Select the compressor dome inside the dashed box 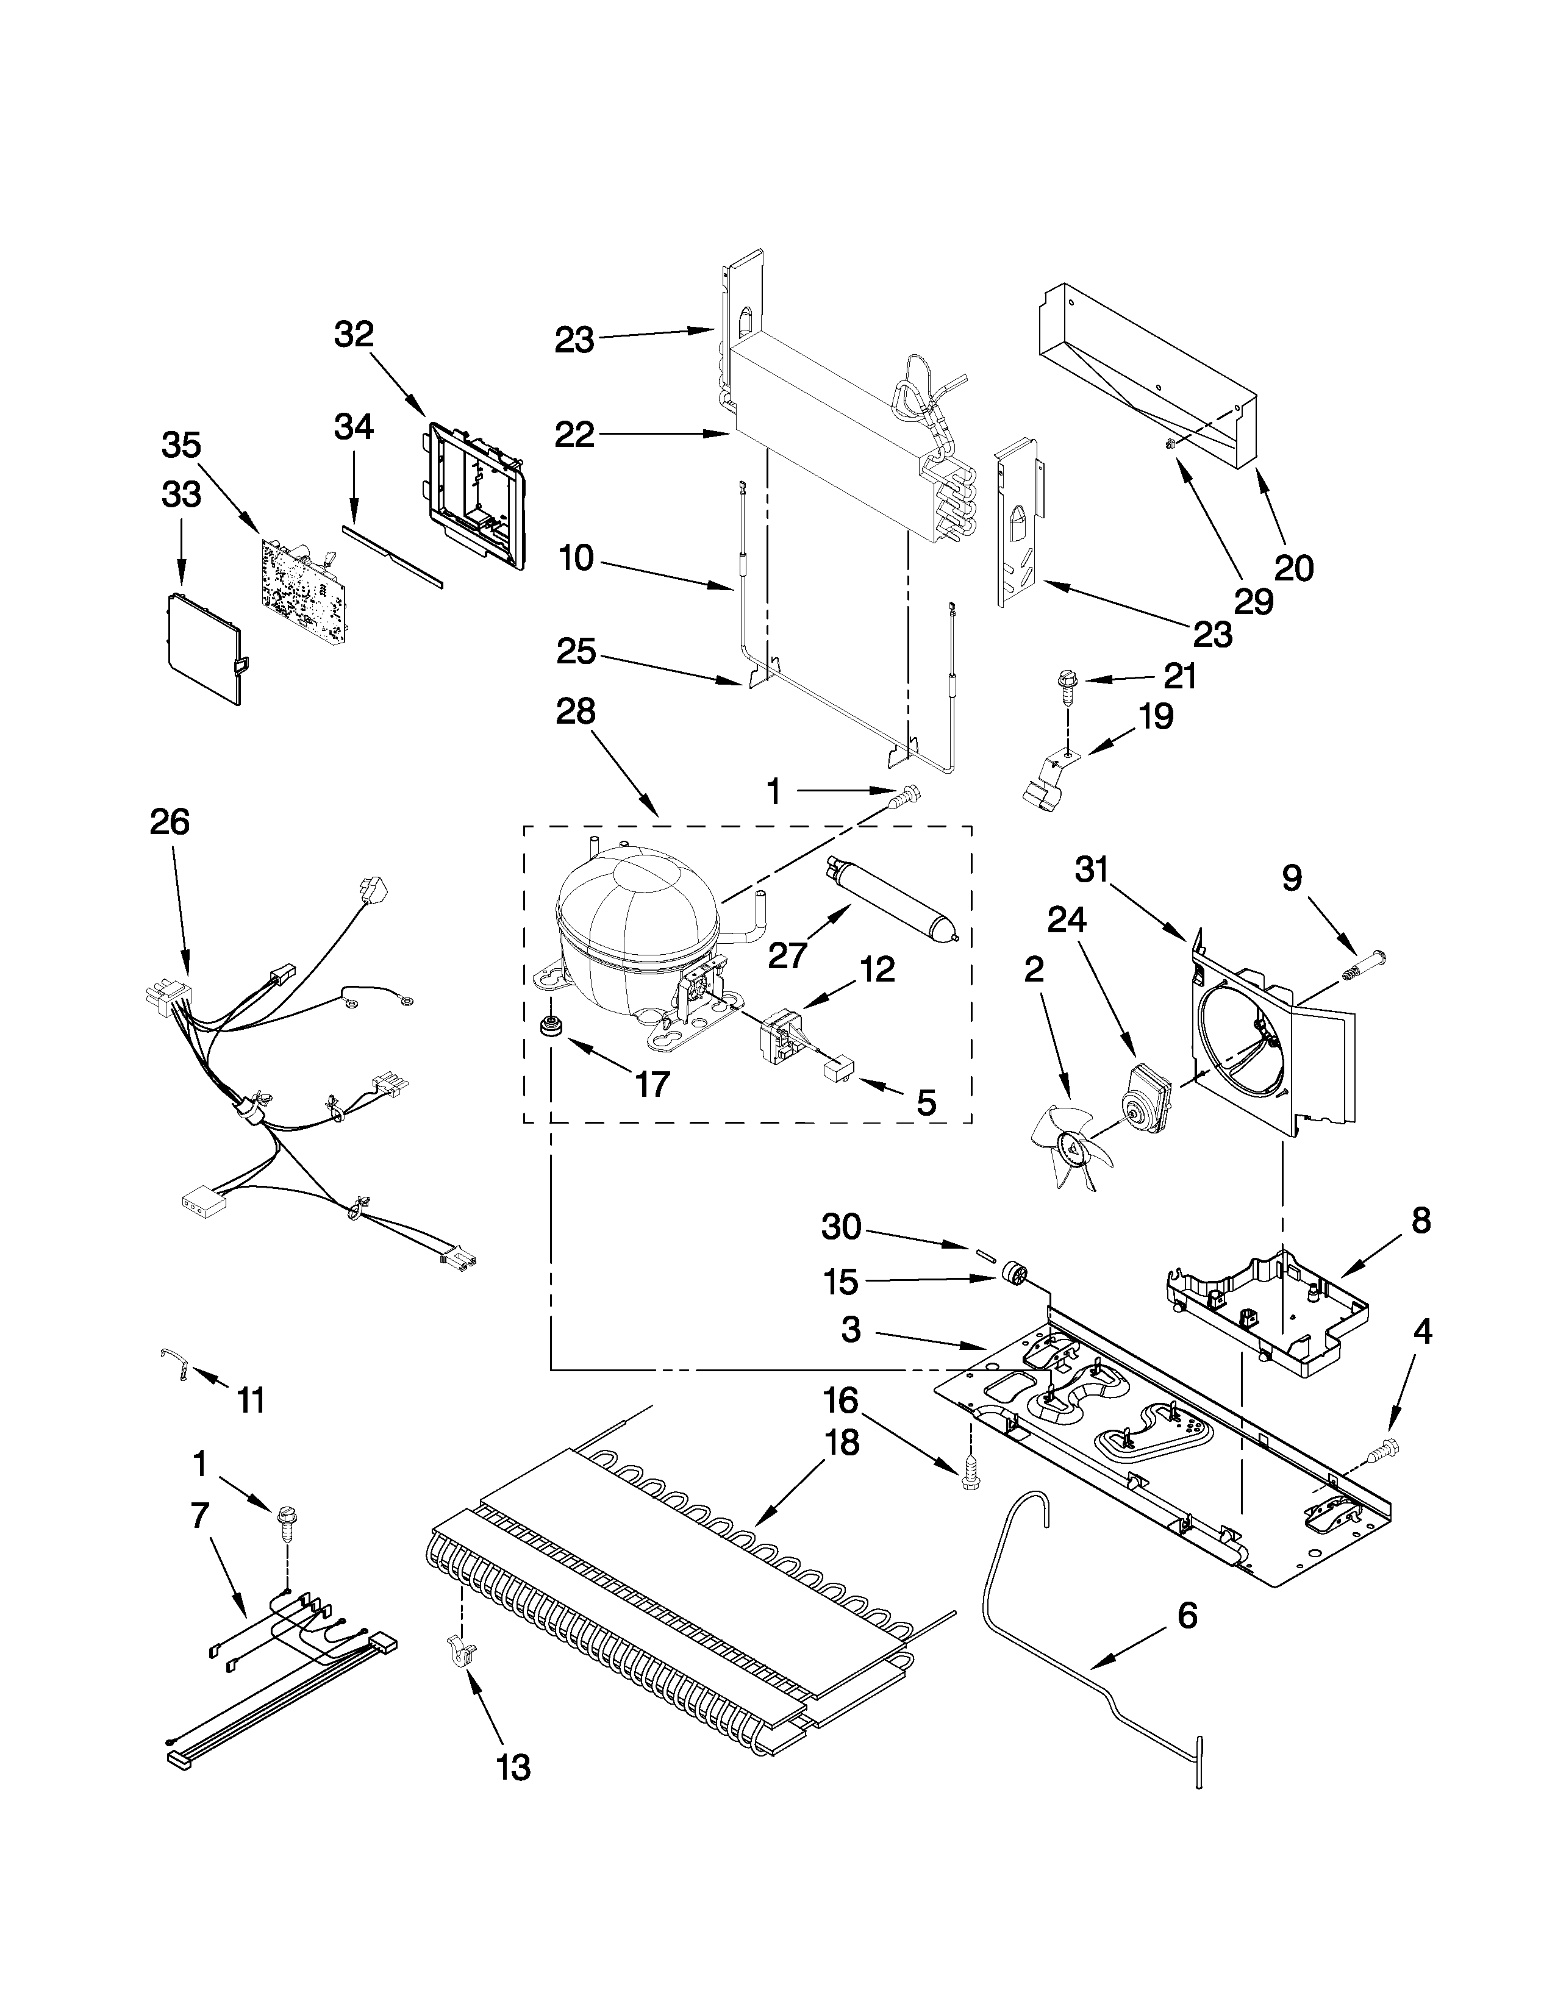635,926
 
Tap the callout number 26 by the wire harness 170,821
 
